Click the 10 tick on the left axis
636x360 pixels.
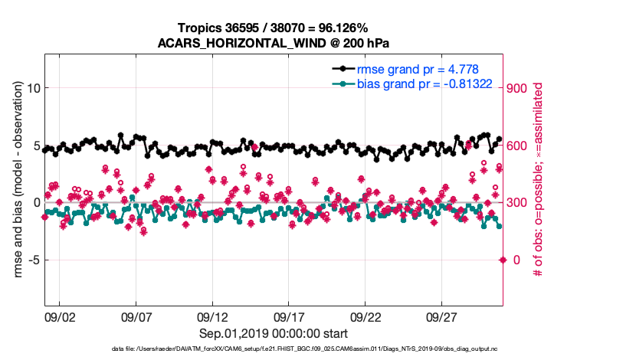click(x=33, y=88)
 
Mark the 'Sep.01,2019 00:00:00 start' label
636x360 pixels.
click(x=274, y=333)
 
